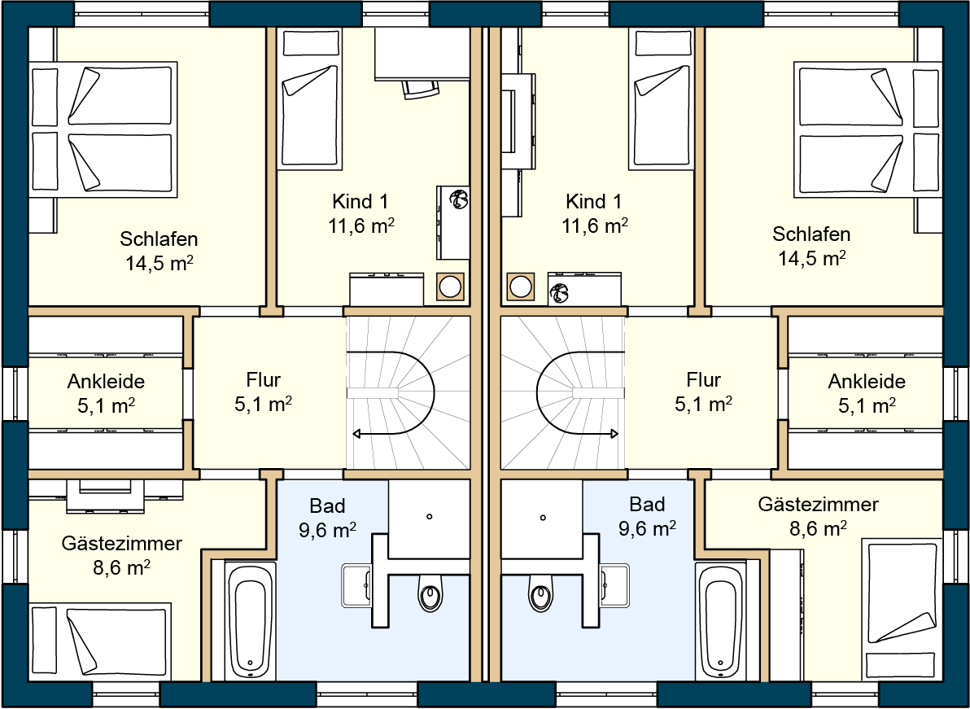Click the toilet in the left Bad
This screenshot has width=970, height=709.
click(x=431, y=595)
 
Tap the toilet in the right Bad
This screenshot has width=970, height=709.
click(x=540, y=595)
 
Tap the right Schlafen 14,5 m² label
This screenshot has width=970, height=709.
click(x=811, y=247)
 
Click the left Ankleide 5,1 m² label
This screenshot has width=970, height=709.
click(x=106, y=392)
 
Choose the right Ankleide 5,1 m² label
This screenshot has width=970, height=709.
click(x=867, y=392)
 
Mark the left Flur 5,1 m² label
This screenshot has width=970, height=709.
click(x=263, y=392)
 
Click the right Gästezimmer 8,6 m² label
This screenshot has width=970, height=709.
click(x=818, y=516)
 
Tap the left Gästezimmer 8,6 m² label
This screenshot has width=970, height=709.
click(x=121, y=554)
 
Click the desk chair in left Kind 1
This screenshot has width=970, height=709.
click(x=421, y=88)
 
